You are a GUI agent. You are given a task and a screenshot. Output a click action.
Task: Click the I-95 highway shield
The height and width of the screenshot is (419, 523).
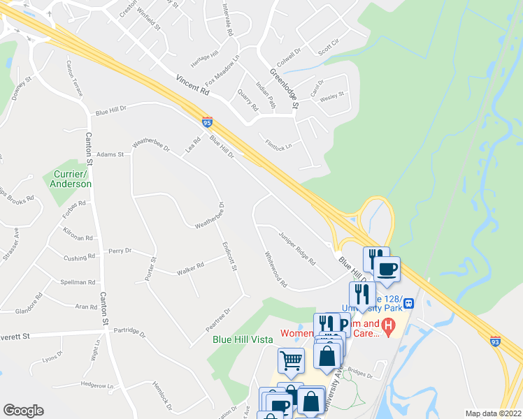(207, 122)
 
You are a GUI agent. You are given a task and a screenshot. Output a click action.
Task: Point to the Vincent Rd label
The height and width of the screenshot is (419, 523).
(193, 85)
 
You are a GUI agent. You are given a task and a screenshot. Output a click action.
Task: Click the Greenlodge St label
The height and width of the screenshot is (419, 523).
(285, 89)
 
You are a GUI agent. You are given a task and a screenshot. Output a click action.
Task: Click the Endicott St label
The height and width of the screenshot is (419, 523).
(229, 257)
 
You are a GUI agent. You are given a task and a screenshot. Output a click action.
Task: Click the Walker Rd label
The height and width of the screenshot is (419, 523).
(190, 266)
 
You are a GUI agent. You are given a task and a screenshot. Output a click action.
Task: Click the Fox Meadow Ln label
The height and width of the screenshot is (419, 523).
(223, 69)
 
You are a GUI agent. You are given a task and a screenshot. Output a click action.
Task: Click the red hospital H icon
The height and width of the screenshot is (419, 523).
(390, 325)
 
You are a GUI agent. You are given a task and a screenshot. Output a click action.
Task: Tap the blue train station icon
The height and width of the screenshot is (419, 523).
(408, 303)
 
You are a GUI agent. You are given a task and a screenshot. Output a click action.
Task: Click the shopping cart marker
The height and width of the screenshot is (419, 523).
(291, 361)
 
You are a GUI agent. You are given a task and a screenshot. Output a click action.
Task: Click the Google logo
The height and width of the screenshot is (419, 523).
(23, 411)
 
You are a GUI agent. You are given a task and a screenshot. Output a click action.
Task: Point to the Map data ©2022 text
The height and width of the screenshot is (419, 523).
(493, 413)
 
